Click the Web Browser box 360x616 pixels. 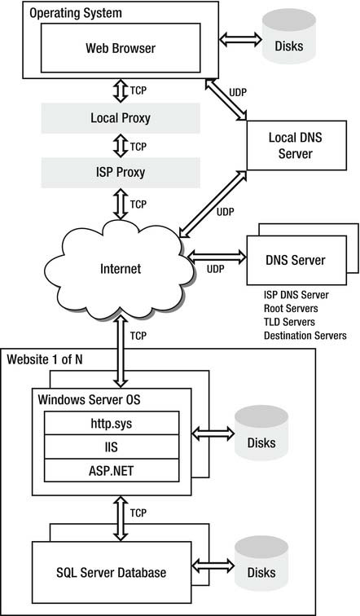click(x=121, y=48)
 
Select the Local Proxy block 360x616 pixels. click(x=121, y=118)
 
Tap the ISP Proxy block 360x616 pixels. click(x=121, y=173)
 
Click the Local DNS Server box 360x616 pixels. click(x=296, y=145)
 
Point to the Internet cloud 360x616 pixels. click(x=120, y=269)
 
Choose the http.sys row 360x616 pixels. click(x=112, y=423)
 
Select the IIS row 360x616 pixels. click(x=112, y=447)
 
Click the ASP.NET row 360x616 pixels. click(x=112, y=470)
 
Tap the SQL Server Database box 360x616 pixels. click(x=112, y=572)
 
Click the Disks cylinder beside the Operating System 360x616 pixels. click(x=289, y=36)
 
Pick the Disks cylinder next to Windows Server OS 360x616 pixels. click(x=261, y=433)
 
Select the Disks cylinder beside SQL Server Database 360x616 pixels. click(x=261, y=563)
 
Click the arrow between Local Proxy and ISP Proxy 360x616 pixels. click(x=121, y=145)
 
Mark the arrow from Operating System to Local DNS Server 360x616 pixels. click(x=226, y=99)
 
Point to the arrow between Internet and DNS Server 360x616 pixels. click(x=217, y=257)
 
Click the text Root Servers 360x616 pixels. click(x=291, y=308)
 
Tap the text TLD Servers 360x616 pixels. click(x=289, y=322)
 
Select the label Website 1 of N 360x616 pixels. click(x=45, y=359)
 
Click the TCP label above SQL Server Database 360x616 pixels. click(x=138, y=513)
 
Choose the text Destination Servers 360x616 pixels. click(x=305, y=336)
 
